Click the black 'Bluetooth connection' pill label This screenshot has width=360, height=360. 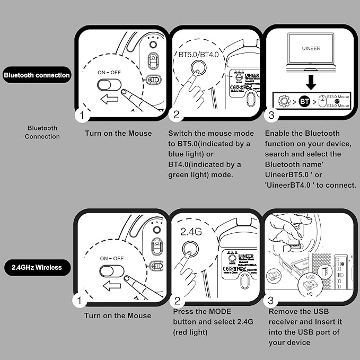point(37,75)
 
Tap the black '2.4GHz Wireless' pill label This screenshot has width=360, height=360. point(37,267)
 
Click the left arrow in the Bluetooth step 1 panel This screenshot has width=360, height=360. point(108,99)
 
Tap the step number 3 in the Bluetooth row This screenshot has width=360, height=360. point(271,115)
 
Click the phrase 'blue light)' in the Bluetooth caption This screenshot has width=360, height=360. point(188,154)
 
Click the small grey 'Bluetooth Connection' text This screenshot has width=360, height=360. point(42,132)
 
